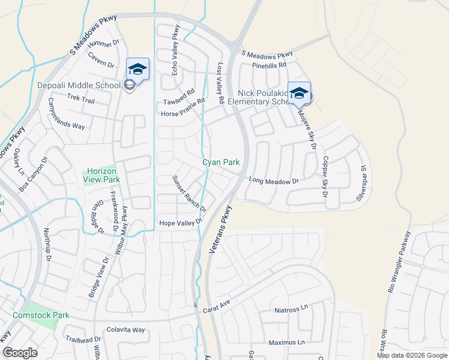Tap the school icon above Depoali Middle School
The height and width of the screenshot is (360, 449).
coord(137,69)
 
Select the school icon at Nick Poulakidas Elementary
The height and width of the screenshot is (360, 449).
coord(299,93)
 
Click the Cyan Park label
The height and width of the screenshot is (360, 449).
coord(220,162)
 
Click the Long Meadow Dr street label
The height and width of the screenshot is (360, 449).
coord(273,180)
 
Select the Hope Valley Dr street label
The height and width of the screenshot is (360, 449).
coord(179,223)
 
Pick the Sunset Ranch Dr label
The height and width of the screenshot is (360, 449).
coord(189,194)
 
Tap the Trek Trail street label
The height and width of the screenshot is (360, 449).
coord(81,98)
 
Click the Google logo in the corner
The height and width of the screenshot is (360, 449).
coord(20,353)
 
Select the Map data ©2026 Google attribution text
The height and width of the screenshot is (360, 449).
coord(412,355)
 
